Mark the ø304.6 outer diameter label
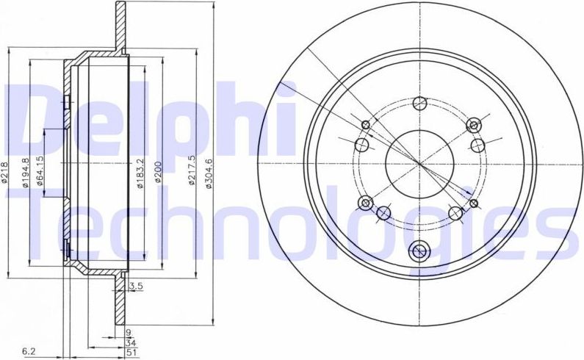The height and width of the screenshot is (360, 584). (209, 173)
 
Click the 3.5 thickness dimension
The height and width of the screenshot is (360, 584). (135, 286)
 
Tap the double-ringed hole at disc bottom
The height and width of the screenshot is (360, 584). (419, 251)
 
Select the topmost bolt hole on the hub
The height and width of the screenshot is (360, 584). (419, 103)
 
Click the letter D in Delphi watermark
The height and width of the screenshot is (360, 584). (37, 118)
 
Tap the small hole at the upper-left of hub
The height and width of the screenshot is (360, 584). (367, 123)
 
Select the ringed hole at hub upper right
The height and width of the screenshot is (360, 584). (473, 123)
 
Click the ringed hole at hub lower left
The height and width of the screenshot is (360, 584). (365, 202)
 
